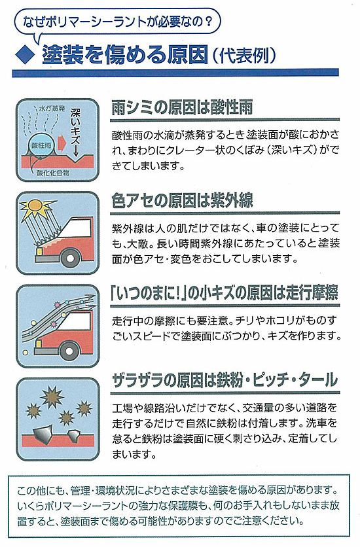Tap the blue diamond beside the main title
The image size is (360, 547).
[26, 54]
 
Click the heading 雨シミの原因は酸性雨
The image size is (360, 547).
[182, 107]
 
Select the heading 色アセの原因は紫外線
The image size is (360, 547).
[183, 200]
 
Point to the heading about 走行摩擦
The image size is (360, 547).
[225, 293]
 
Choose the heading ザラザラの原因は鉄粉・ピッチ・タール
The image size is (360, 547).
[225, 380]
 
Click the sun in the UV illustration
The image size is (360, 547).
[37, 207]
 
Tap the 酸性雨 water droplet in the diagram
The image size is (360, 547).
[41, 145]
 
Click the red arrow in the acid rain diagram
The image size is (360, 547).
[62, 143]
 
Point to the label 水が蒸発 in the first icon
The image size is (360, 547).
[52, 109]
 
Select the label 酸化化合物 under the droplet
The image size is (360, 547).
[53, 173]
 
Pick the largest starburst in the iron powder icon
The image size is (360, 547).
[52, 397]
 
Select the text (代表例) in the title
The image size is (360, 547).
[245, 55]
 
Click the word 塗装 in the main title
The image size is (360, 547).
[63, 55]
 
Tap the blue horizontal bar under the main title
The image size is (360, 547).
[175, 73]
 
